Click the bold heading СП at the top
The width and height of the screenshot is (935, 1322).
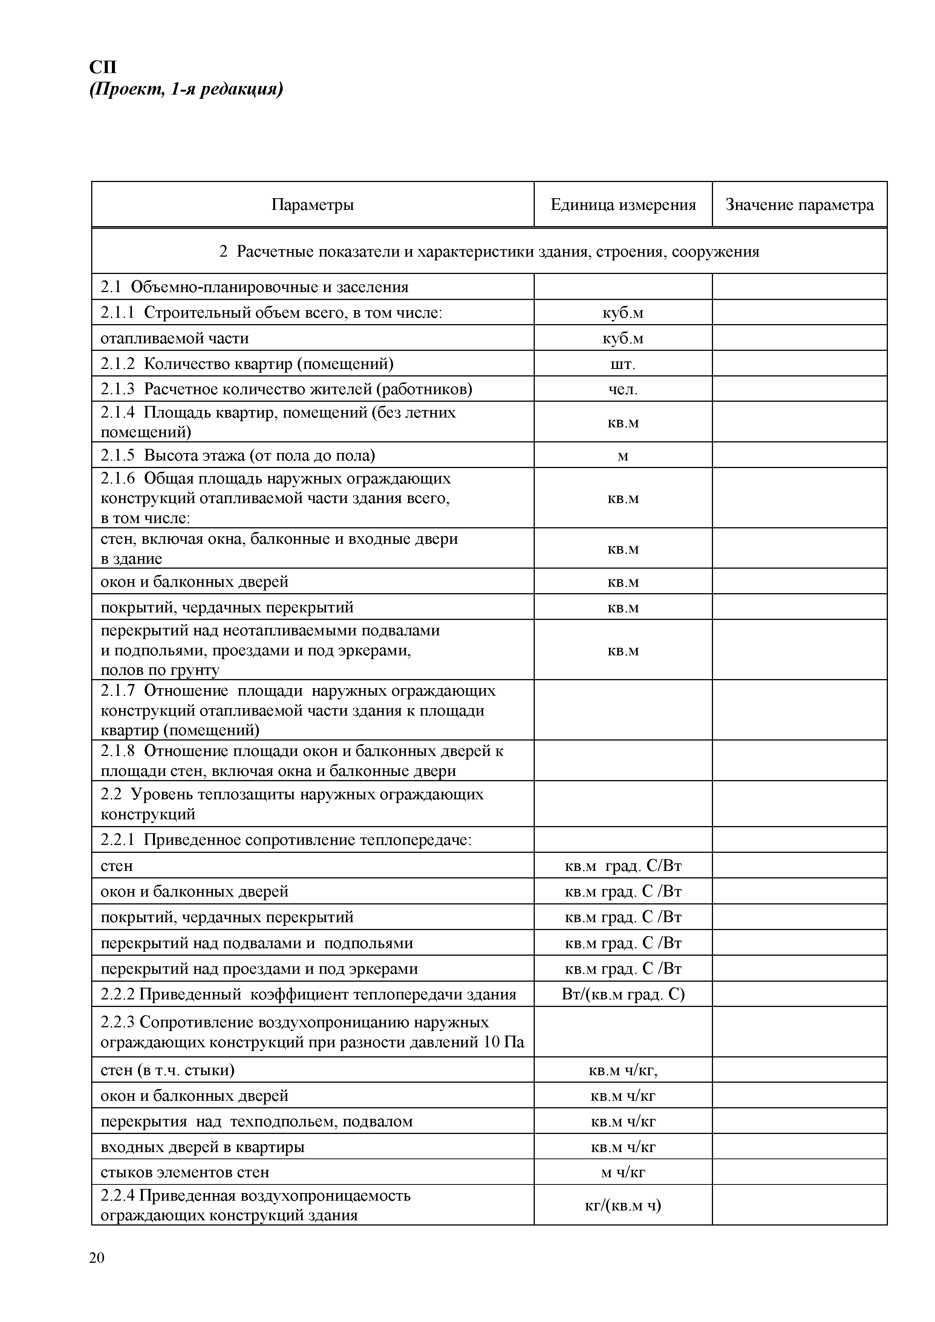point(103,67)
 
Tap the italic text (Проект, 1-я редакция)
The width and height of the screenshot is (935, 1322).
point(186,89)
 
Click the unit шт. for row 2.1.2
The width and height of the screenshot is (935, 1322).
point(623,364)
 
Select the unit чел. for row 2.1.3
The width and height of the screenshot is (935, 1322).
point(623,389)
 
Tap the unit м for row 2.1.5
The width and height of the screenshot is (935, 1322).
point(623,456)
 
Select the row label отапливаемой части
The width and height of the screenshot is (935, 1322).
point(174,338)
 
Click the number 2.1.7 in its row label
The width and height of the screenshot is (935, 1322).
point(117,690)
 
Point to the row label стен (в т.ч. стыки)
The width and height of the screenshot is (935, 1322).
point(168,1070)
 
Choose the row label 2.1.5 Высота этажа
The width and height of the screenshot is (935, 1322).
point(238,456)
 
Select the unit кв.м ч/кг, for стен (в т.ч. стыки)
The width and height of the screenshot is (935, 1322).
point(623,1070)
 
